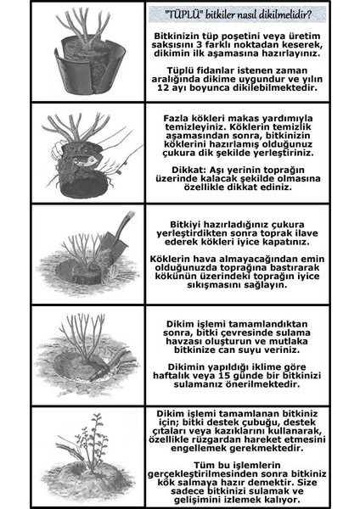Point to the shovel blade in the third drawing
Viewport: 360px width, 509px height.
(x=109, y=254)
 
